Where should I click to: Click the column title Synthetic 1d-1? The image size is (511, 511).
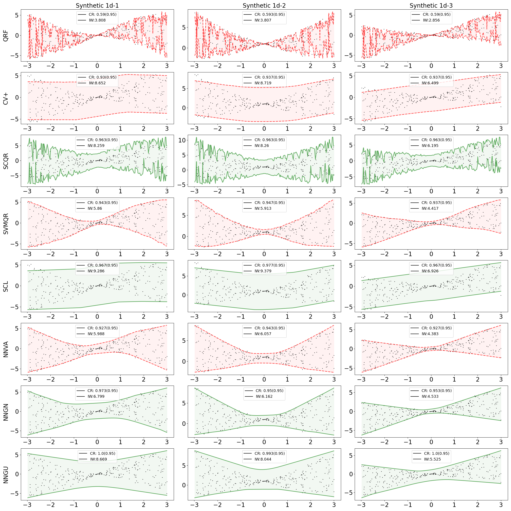[x=97, y=6]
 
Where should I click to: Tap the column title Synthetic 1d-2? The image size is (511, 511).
[x=264, y=6]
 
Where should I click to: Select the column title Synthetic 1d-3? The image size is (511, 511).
[x=431, y=6]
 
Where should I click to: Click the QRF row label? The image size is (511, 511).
[x=6, y=35]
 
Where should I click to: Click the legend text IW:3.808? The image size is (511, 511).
[x=97, y=20]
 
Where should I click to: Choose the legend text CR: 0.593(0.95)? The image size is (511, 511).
[x=270, y=14]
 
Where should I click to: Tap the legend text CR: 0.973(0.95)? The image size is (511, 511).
[x=102, y=390]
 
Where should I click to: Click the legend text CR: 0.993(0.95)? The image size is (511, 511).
[x=270, y=453]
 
